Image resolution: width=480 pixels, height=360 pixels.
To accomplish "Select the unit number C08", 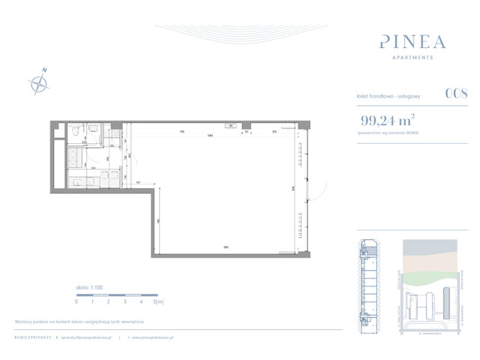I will point(456,94).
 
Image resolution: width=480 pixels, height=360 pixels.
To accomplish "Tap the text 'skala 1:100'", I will point(90,288).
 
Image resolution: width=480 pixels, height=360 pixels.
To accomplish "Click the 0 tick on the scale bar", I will point(76,301).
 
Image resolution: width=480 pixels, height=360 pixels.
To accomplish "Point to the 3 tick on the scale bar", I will point(124,301).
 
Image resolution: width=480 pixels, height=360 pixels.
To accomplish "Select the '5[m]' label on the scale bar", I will point(158,301).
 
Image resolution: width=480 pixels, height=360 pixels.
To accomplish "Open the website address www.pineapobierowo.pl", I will point(153,337).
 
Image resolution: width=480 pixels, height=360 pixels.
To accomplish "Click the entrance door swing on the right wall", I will point(316,190).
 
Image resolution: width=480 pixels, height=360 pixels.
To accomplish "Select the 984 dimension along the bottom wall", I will point(225,247).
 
